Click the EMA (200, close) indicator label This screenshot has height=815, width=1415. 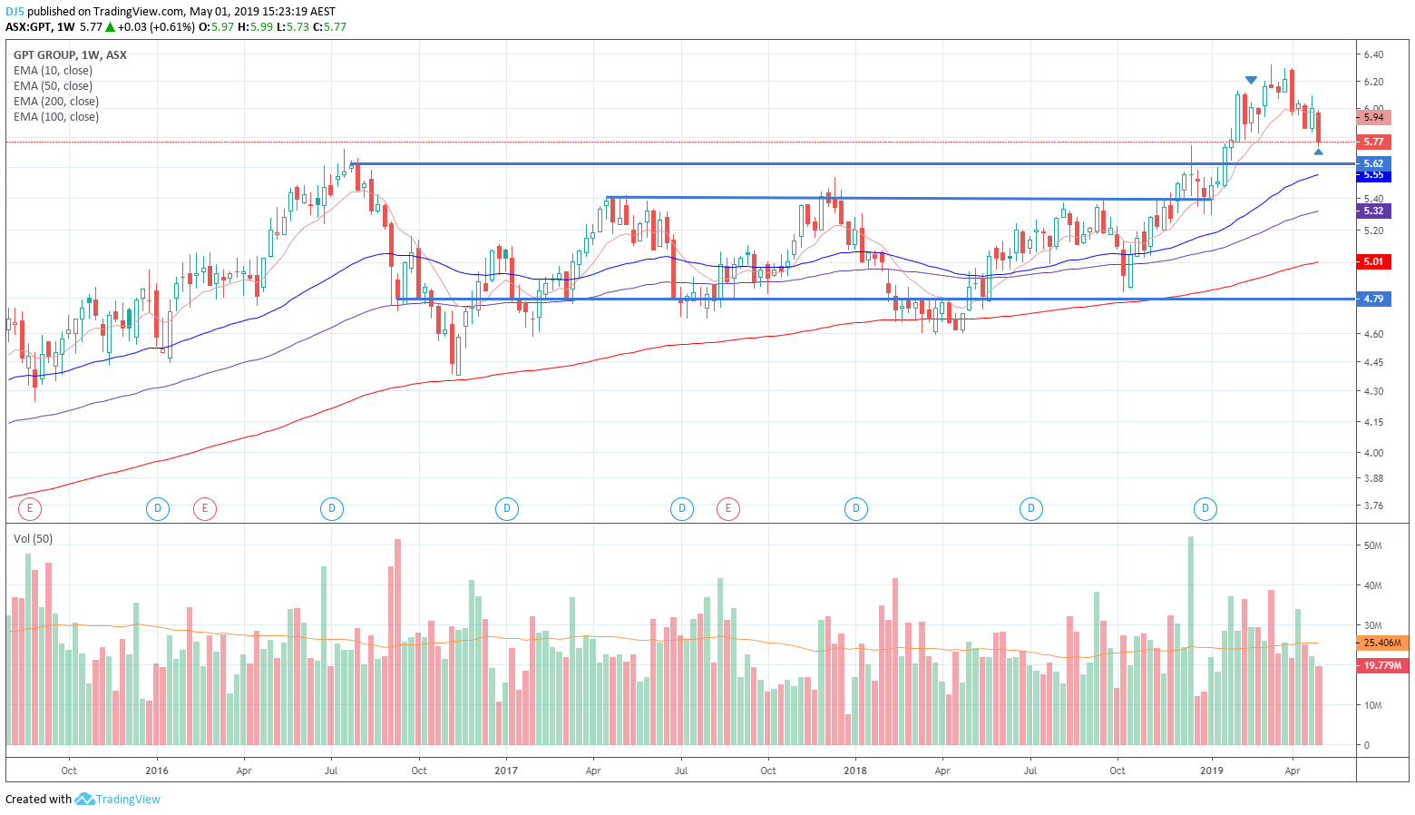[x=56, y=102]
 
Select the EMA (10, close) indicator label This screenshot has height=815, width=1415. [x=53, y=71]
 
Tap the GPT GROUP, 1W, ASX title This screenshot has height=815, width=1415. [x=70, y=55]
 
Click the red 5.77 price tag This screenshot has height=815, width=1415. [x=1373, y=142]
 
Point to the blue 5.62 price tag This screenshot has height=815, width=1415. [x=1373, y=163]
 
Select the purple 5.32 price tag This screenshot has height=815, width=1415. [x=1373, y=211]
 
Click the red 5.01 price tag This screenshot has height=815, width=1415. [x=1373, y=262]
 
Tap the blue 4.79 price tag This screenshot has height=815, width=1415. [x=1373, y=299]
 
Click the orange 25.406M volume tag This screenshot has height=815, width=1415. [x=1382, y=643]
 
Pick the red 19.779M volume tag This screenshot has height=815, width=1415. [x=1382, y=665]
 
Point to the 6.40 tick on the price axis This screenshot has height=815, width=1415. [x=1373, y=54]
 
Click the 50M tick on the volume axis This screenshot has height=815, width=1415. [x=1372, y=545]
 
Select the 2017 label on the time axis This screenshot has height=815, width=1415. [x=506, y=771]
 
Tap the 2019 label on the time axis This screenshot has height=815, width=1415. [x=1212, y=771]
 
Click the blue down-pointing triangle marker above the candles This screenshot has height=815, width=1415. [x=1251, y=81]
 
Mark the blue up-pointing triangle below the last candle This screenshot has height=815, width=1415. [x=1318, y=152]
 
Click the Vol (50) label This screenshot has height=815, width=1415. [x=33, y=539]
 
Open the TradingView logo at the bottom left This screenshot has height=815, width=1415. [x=118, y=800]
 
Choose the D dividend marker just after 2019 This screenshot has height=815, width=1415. [x=1205, y=508]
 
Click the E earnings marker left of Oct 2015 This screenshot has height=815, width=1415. [x=30, y=508]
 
